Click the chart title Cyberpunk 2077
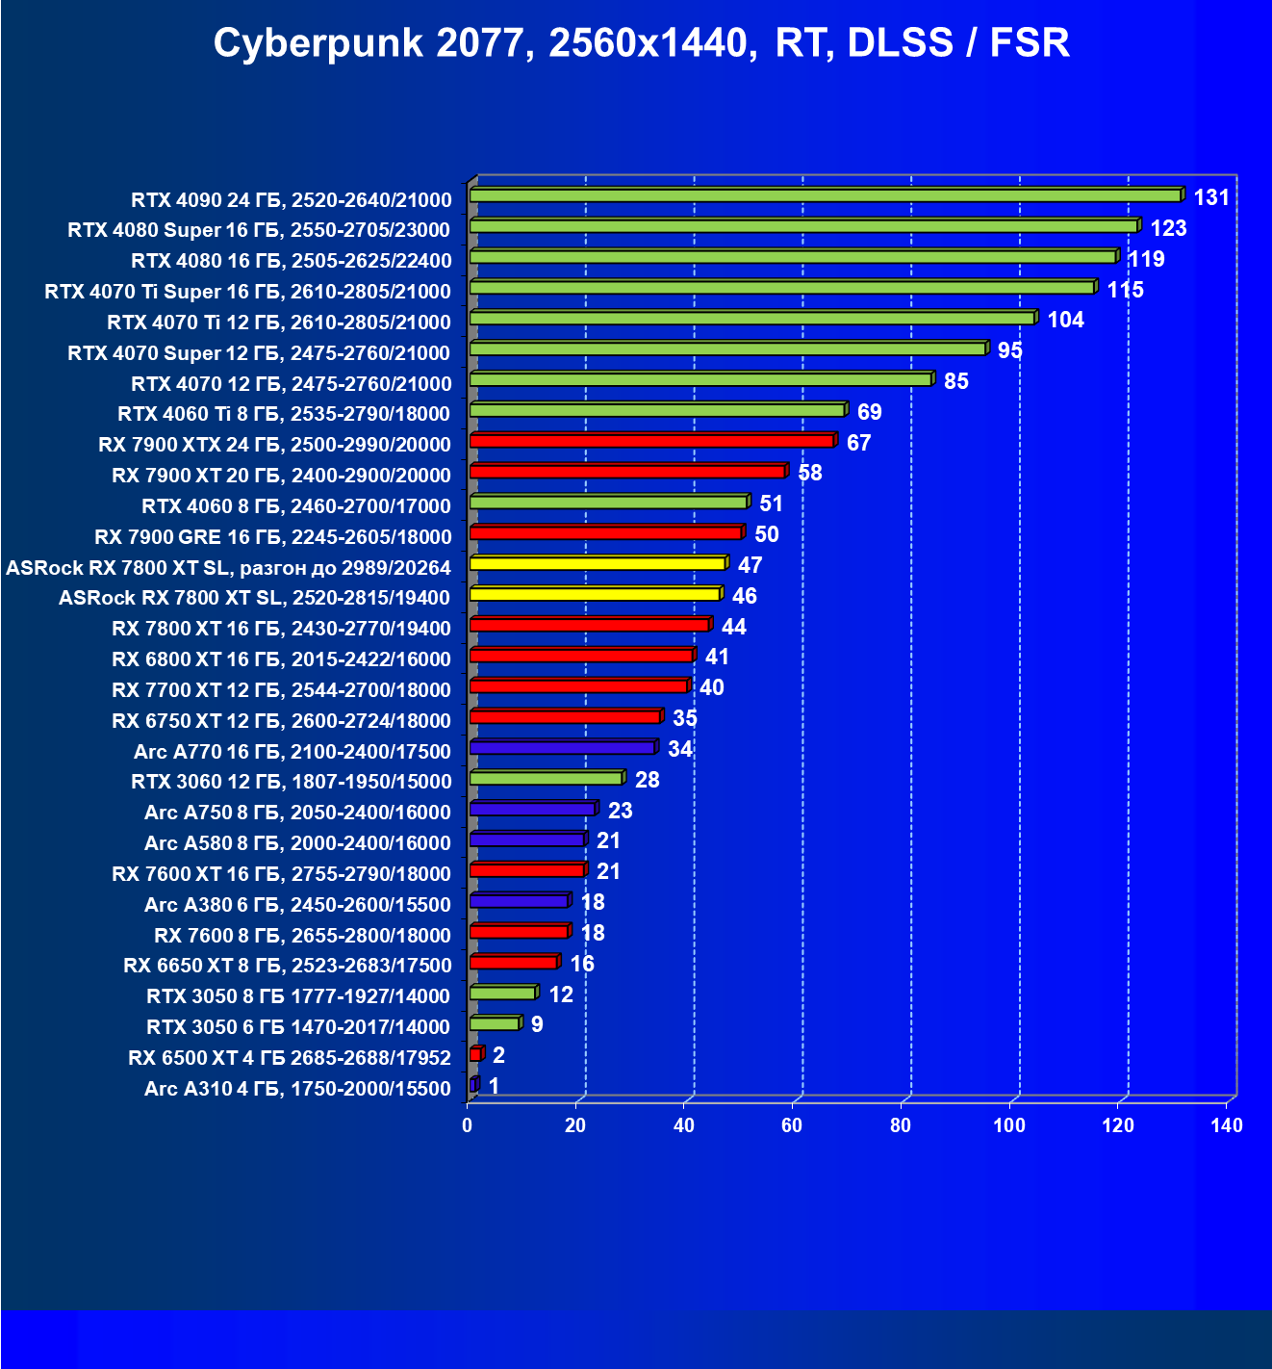[x=641, y=43]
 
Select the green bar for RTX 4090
[x=826, y=196]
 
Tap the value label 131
[x=1211, y=197]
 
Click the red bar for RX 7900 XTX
[x=651, y=442]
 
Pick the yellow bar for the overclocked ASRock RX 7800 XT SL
[x=598, y=564]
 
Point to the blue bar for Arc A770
[x=563, y=748]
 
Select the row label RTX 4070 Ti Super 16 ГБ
[x=247, y=292]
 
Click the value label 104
[x=1065, y=320]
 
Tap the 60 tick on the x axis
[x=792, y=1125]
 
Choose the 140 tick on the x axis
[x=1227, y=1125]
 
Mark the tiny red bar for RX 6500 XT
[x=475, y=1055]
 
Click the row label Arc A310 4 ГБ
[x=297, y=1089]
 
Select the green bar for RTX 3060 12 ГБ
[x=546, y=779]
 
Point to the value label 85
[x=956, y=381]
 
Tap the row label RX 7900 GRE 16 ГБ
[x=272, y=537]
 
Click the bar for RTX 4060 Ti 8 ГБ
[x=657, y=411]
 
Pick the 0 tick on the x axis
[x=468, y=1125]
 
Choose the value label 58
[x=810, y=473]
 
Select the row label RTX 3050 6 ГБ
[x=298, y=1027]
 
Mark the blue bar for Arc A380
[x=519, y=902]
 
